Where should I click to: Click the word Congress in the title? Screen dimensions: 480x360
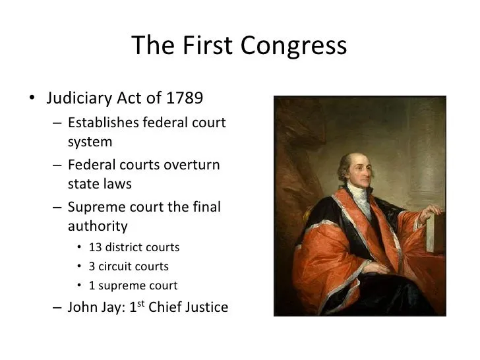click(293, 46)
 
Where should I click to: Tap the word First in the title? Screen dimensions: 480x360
click(207, 45)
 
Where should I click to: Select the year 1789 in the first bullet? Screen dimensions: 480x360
click(185, 98)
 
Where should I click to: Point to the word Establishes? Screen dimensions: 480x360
click(104, 123)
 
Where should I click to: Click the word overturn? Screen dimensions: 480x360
click(192, 165)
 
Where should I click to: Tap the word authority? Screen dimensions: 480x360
click(98, 227)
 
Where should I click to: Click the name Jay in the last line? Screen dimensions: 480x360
click(111, 308)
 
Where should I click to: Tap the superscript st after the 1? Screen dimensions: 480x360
click(141, 303)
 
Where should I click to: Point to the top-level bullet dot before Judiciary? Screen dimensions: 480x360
click(32, 98)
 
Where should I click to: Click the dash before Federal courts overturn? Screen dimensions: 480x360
click(57, 165)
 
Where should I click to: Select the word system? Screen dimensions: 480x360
click(90, 142)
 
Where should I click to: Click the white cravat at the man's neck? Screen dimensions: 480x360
click(361, 199)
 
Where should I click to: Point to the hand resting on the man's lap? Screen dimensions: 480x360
click(378, 268)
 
